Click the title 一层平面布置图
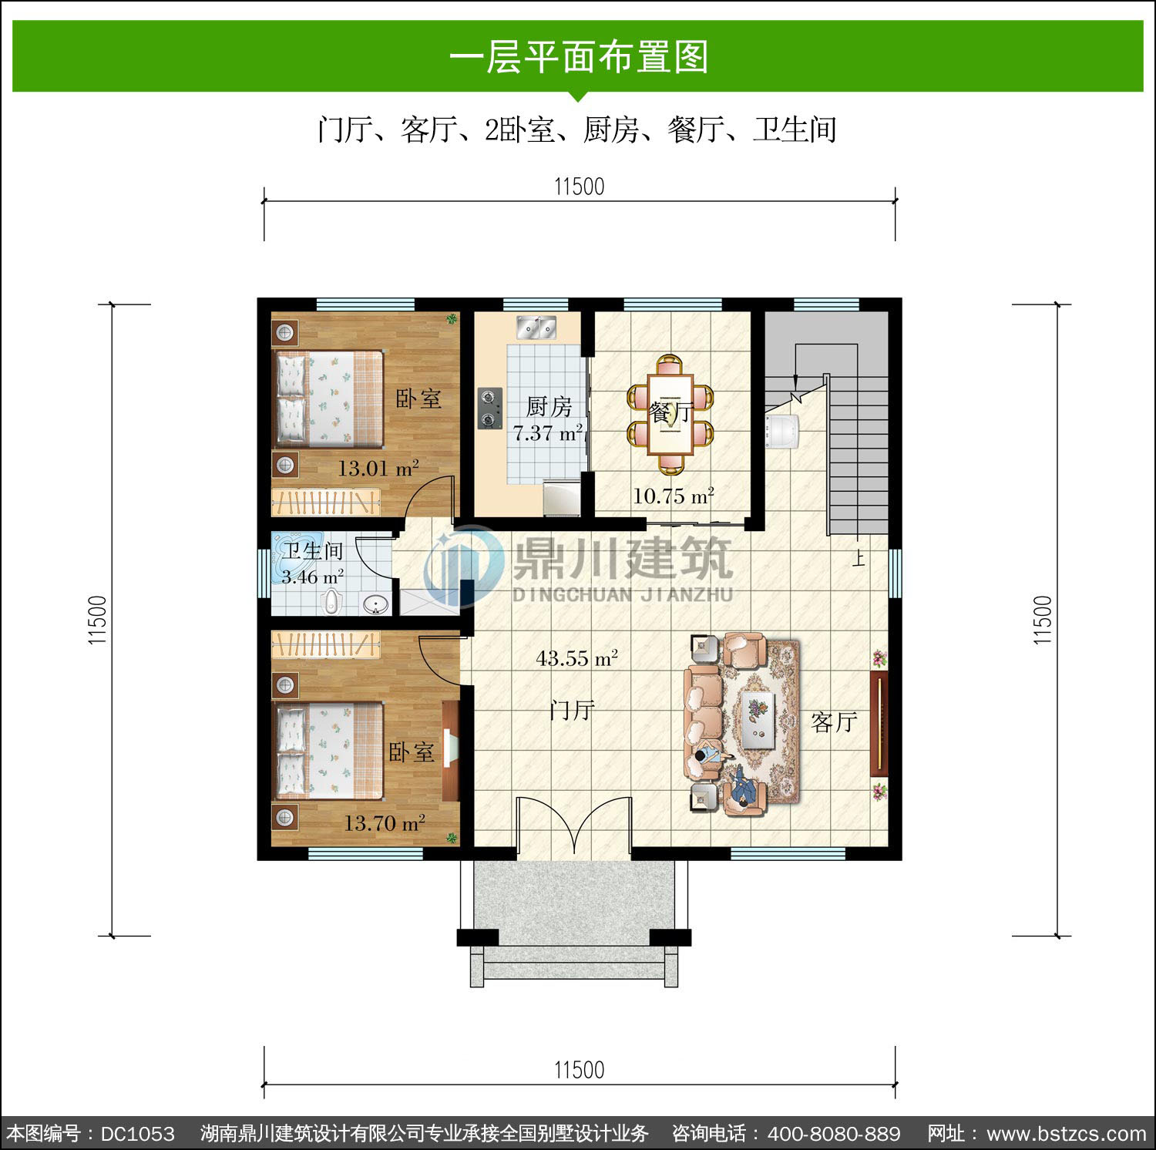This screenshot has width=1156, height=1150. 578,57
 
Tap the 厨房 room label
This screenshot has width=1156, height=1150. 549,406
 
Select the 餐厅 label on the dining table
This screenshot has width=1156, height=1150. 671,412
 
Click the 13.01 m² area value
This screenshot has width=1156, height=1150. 378,468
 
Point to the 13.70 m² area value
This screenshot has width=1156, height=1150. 385,823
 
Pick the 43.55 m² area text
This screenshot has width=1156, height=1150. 576,658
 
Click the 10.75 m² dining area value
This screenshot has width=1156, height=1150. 674,496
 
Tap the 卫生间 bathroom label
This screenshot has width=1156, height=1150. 312,551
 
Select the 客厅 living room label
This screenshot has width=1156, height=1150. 834,722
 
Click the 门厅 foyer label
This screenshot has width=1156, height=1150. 572,710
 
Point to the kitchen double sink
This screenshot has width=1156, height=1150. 536,328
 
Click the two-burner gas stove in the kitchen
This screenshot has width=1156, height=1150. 489,408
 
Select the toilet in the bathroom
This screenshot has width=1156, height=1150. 331,601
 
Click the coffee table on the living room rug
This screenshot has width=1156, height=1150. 758,719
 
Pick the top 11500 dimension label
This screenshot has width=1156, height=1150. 579,187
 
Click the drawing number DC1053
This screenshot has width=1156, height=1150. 138,1134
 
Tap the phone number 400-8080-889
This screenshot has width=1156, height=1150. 834,1134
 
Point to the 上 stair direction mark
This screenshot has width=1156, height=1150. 859,557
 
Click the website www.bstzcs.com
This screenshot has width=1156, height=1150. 1067,1134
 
